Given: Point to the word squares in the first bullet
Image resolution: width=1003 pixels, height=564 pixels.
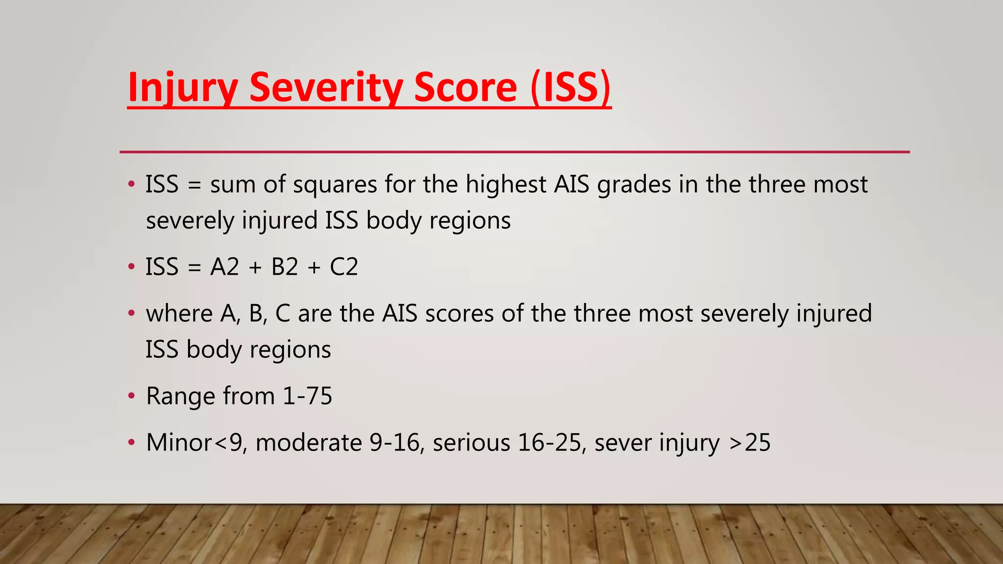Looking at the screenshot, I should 335,185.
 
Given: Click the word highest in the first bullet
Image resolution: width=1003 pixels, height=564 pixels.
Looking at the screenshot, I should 505,185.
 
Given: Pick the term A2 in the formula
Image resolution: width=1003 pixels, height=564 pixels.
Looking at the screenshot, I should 225,267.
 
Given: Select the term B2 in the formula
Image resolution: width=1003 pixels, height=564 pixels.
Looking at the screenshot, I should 285,267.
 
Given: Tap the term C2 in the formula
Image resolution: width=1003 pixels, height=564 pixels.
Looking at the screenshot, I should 344,267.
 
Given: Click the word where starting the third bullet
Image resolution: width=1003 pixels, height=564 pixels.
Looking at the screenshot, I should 179,314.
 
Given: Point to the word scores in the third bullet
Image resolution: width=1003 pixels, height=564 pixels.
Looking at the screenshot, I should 459,314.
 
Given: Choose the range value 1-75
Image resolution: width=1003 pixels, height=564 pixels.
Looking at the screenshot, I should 308,396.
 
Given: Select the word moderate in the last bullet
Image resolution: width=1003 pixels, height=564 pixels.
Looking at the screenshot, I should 309,443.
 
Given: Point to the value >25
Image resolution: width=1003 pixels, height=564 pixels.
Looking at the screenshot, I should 750,443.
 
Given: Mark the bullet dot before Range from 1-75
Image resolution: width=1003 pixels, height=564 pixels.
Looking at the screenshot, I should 131,396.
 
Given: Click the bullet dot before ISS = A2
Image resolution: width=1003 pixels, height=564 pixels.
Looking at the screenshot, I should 131,267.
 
